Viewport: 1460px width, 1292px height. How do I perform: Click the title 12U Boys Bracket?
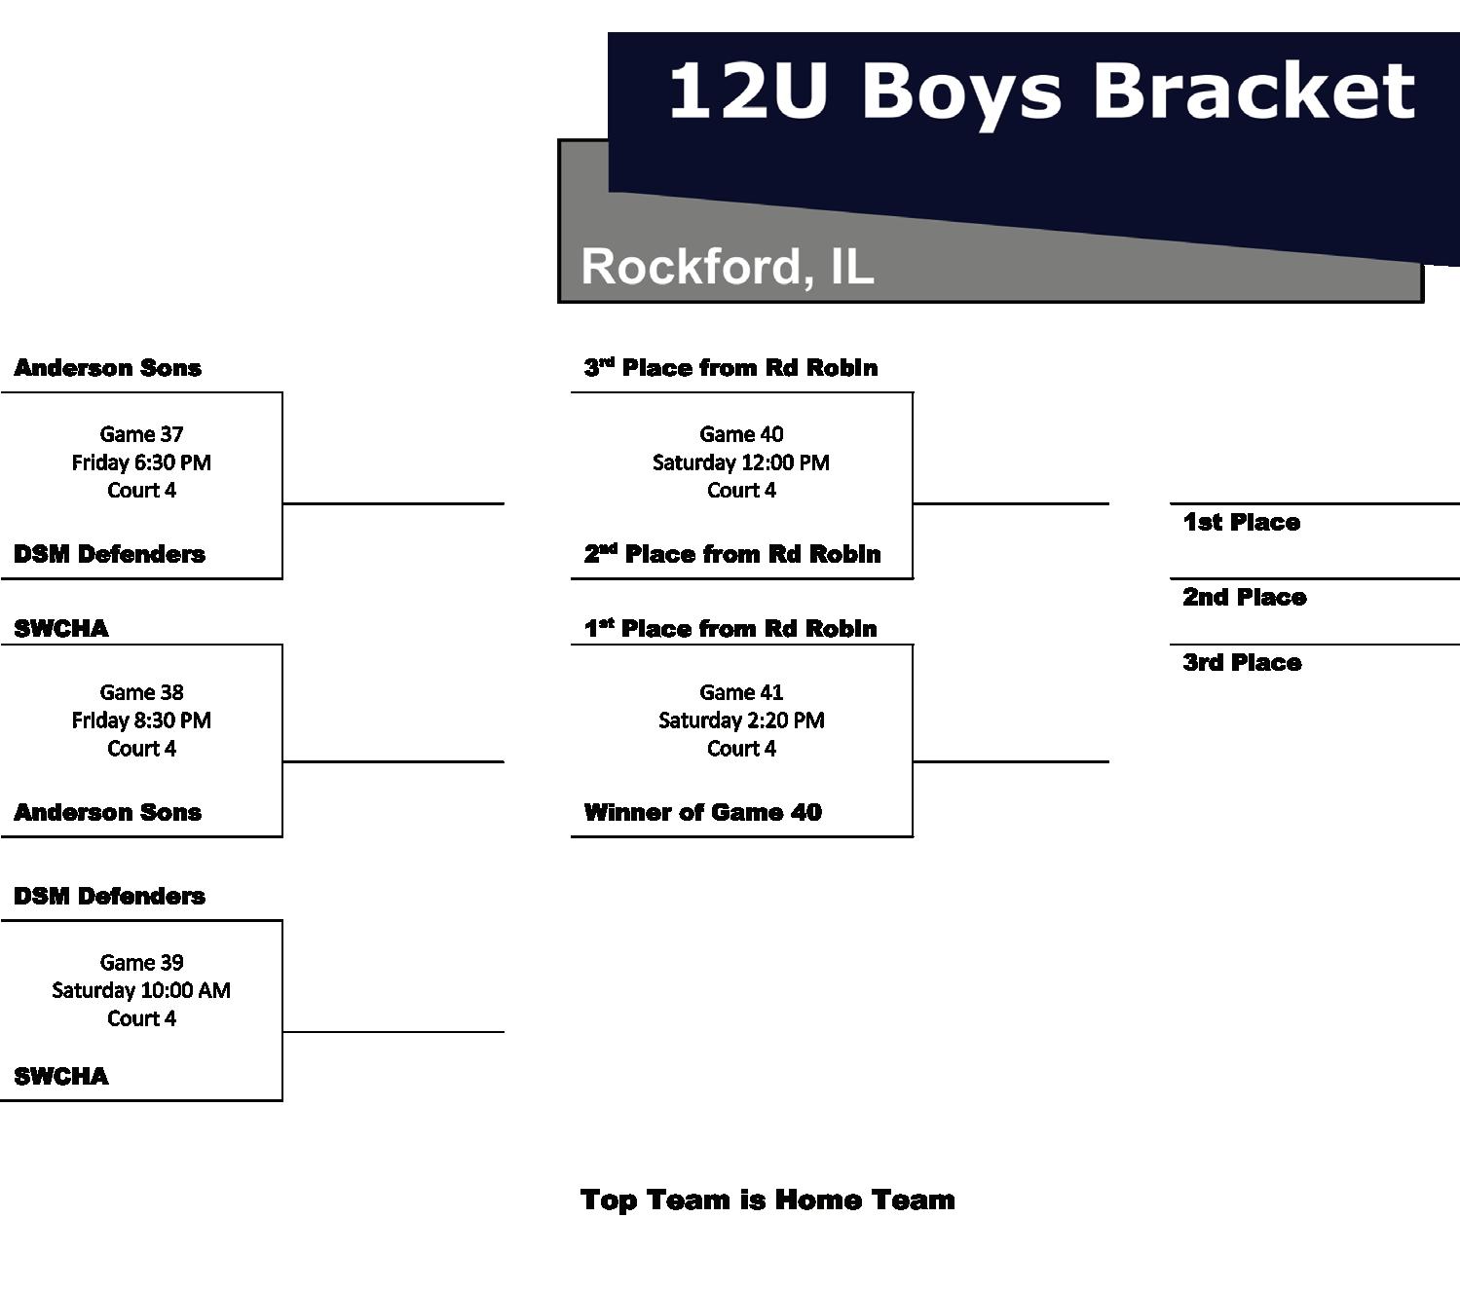click(x=1040, y=91)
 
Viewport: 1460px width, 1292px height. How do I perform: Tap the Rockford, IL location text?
click(x=727, y=266)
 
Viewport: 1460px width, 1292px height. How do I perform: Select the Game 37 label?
click(x=141, y=434)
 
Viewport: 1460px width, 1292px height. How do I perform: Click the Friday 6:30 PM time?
click(x=141, y=462)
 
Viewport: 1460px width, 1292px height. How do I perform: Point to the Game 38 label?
click(x=141, y=692)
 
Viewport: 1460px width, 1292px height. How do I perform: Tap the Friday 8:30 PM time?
click(x=141, y=720)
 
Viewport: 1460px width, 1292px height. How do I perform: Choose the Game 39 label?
click(x=141, y=962)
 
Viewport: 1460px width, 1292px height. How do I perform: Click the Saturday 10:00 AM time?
click(x=141, y=990)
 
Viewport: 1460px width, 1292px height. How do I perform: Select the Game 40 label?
click(x=741, y=434)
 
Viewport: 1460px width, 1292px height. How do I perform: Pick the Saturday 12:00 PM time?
click(x=741, y=462)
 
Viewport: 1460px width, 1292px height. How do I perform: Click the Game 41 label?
click(x=741, y=692)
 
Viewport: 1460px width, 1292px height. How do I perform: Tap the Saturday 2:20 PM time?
click(x=741, y=720)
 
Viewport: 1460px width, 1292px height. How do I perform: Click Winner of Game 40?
click(x=702, y=812)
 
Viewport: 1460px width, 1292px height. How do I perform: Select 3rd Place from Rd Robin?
click(x=730, y=368)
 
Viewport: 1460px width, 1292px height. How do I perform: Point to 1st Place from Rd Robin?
click(x=730, y=628)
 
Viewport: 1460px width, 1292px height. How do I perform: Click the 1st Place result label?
click(x=1241, y=523)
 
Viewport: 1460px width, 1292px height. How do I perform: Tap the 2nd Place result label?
click(x=1244, y=597)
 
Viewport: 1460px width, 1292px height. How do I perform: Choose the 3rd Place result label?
click(x=1242, y=663)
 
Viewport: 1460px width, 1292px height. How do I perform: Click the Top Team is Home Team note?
click(x=767, y=1200)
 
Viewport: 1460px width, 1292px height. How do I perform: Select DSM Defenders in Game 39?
click(x=109, y=896)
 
